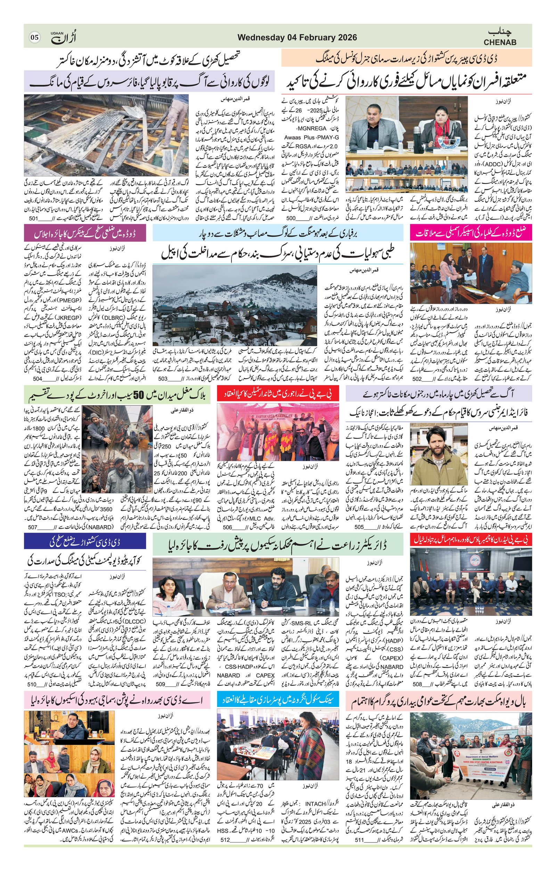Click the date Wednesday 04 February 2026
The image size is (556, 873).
[297, 38]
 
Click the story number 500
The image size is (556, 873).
[291, 219]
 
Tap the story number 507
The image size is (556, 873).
[33, 527]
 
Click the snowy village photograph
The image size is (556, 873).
[235, 305]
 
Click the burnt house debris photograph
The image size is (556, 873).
[106, 135]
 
